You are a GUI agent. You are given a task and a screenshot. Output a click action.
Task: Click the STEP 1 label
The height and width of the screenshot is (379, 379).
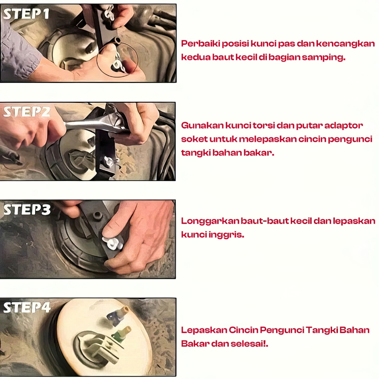pyautogui.click(x=26, y=14)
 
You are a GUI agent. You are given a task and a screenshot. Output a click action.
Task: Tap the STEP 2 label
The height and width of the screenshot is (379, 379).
pyautogui.click(x=27, y=112)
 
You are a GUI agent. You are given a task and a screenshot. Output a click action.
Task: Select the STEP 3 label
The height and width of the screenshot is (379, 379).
pyautogui.click(x=27, y=209)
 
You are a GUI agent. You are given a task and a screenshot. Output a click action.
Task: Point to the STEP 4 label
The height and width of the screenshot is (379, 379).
pyautogui.click(x=27, y=308)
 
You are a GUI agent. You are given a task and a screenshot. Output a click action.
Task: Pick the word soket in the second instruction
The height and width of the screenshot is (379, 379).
pyautogui.click(x=194, y=139)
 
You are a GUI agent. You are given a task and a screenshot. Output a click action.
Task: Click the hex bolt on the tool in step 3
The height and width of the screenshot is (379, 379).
pyautogui.click(x=97, y=215)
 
